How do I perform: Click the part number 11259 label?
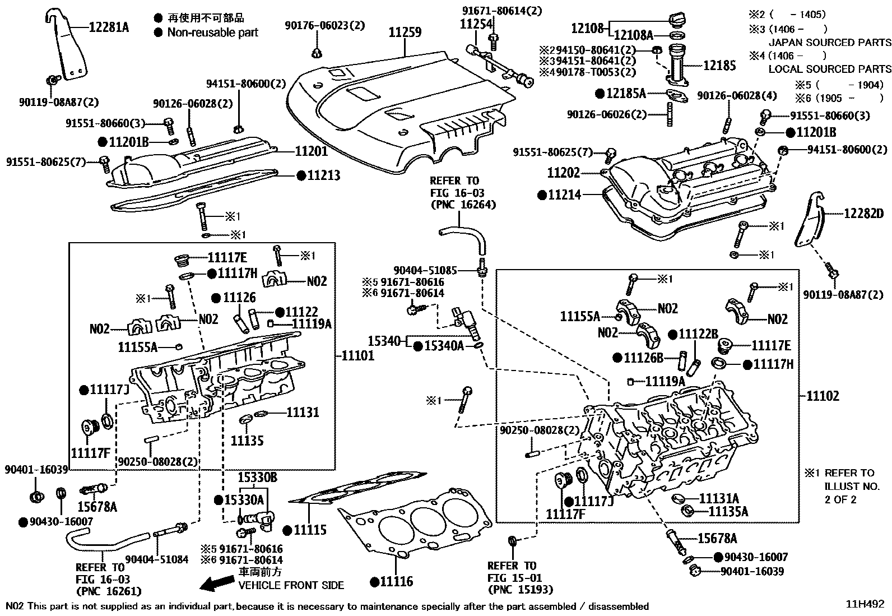(x=405, y=33)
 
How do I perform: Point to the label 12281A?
(x=109, y=27)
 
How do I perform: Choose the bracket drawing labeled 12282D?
(x=809, y=219)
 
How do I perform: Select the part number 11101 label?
(x=358, y=355)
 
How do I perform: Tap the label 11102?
(x=823, y=396)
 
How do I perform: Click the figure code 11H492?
(x=865, y=604)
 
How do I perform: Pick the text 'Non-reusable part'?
(x=213, y=33)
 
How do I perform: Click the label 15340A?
(x=444, y=346)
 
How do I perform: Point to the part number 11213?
(x=324, y=175)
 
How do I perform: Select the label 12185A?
(x=626, y=93)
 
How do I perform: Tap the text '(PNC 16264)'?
(x=463, y=205)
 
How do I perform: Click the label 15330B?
(x=258, y=478)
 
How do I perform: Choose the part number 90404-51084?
(x=157, y=559)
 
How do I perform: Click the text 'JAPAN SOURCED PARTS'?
(x=830, y=42)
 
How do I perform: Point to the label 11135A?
(x=728, y=511)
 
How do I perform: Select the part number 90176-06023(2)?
(x=325, y=25)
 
